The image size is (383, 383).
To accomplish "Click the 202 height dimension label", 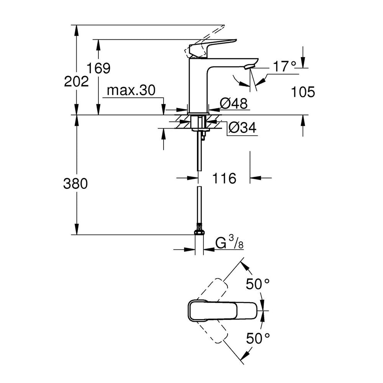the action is coord(76,81).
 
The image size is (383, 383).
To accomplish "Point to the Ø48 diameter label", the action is coord(234,103).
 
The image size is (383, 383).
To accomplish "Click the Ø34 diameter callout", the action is coord(242,128).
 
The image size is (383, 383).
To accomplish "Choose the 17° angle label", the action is coord(284,66).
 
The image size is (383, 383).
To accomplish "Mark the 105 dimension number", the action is coord(303,92).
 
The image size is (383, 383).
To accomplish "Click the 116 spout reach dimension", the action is coord(224,178).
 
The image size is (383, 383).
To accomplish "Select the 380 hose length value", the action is coord(75,183).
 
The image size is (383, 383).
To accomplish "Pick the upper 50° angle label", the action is coord(258,284).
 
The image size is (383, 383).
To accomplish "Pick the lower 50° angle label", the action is coord(258,338).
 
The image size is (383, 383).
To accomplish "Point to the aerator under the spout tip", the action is coord(249,66).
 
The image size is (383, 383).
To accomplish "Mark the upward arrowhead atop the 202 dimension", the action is coord(77,31).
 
